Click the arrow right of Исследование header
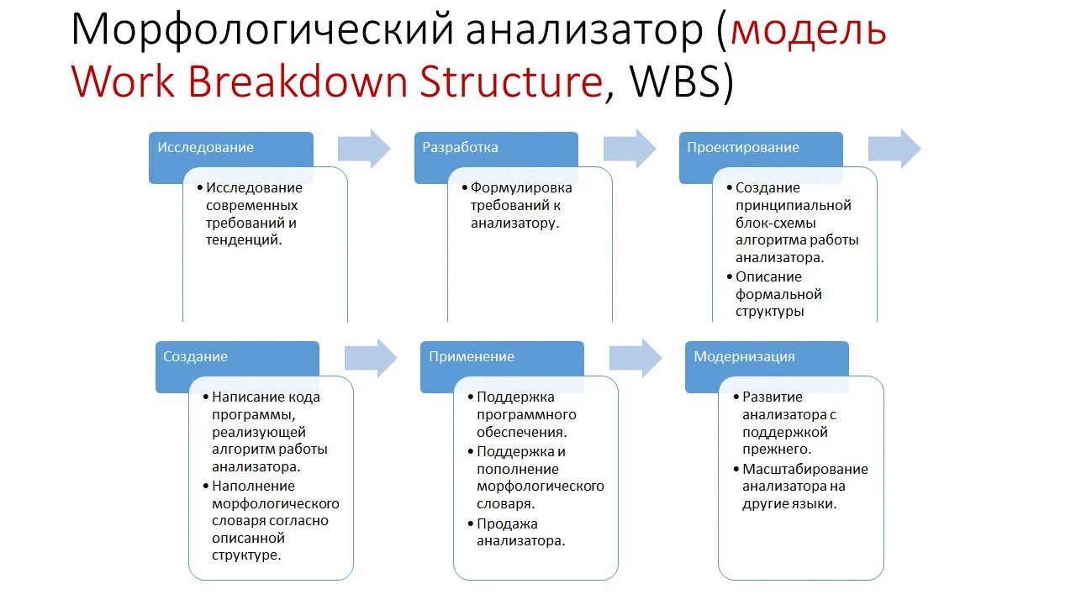pyautogui.click(x=365, y=150)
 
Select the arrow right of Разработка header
pyautogui.click(x=630, y=150)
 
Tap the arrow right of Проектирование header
pyautogui.click(x=894, y=150)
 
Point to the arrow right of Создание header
pyautogui.click(x=371, y=359)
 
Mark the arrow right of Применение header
pyautogui.click(x=636, y=359)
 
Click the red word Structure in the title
pyautogui.click(x=511, y=82)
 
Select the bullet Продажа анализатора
pyautogui.click(x=520, y=532)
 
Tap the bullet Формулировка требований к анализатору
pyautogui.click(x=520, y=205)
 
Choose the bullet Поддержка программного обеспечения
pyautogui.click(x=525, y=414)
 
